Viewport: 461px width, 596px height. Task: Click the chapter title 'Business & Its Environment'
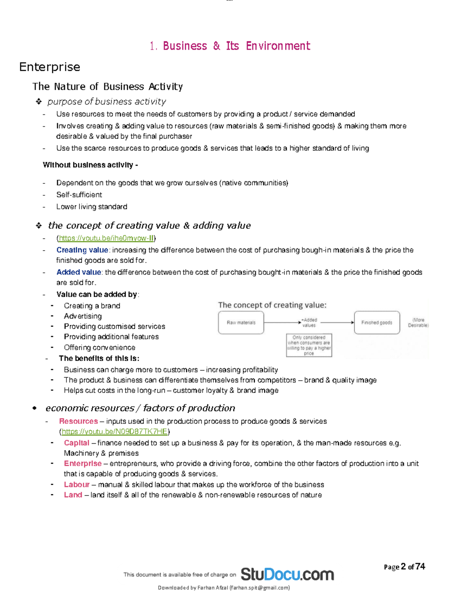point(236,46)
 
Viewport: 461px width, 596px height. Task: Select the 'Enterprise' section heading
point(50,67)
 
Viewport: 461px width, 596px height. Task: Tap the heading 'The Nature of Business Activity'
point(108,86)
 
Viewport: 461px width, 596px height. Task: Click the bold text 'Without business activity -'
point(90,165)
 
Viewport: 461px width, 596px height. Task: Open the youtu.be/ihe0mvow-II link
point(106,238)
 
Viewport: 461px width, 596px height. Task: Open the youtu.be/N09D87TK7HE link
point(114,432)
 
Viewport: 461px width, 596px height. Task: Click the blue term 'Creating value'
point(82,250)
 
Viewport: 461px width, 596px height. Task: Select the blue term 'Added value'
point(79,272)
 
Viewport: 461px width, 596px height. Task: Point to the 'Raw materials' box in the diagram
point(241,323)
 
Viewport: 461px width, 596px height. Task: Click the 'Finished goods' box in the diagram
point(376,323)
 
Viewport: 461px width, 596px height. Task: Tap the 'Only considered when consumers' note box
point(309,345)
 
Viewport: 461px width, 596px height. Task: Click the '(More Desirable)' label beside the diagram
point(418,323)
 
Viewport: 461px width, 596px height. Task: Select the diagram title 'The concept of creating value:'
point(272,305)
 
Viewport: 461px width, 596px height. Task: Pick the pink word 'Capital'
point(76,443)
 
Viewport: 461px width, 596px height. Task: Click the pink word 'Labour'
point(76,485)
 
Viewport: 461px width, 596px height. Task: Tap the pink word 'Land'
point(73,495)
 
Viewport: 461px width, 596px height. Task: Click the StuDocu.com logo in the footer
point(287,575)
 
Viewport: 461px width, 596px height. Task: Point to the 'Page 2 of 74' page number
point(404,567)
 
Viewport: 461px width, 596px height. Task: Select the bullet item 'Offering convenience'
point(99,348)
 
